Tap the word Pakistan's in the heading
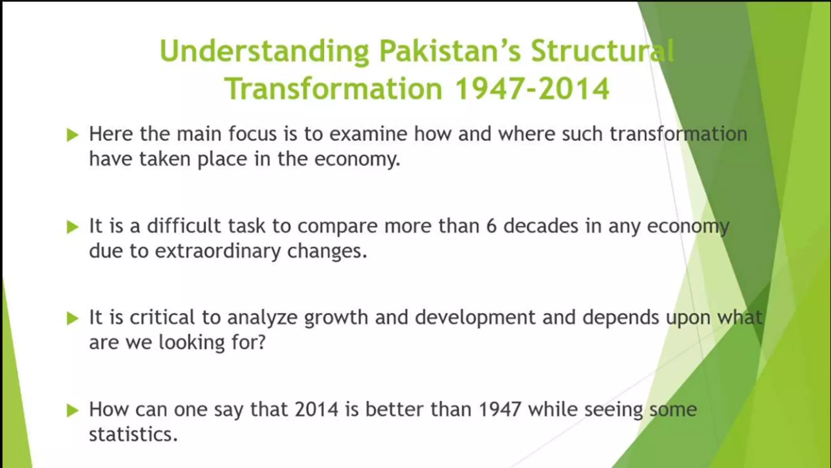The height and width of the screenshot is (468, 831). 450,51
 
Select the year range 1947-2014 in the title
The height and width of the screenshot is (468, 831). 532,89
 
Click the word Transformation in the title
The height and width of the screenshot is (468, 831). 334,89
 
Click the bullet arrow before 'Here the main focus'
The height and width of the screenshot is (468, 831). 72,134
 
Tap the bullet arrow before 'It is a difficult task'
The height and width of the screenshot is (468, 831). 72,227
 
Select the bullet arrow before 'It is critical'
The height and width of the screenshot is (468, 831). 72,318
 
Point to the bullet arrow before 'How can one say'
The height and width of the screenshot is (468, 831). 72,410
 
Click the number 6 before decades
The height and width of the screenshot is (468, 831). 491,226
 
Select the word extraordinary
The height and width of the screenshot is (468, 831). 217,251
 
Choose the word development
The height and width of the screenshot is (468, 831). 475,318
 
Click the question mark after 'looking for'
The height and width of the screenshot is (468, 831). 262,342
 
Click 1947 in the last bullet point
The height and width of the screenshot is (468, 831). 499,409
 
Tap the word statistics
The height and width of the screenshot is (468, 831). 133,435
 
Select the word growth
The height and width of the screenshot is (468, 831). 336,318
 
